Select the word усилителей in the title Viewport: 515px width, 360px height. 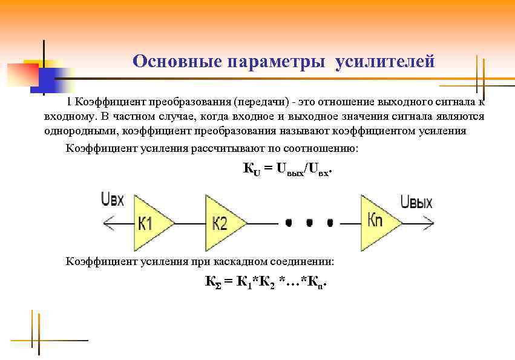click(x=385, y=62)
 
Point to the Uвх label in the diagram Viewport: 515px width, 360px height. click(x=113, y=200)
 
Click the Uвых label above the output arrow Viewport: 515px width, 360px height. click(x=416, y=201)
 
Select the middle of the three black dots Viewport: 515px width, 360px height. click(x=309, y=223)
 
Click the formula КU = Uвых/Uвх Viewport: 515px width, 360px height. click(x=287, y=169)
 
